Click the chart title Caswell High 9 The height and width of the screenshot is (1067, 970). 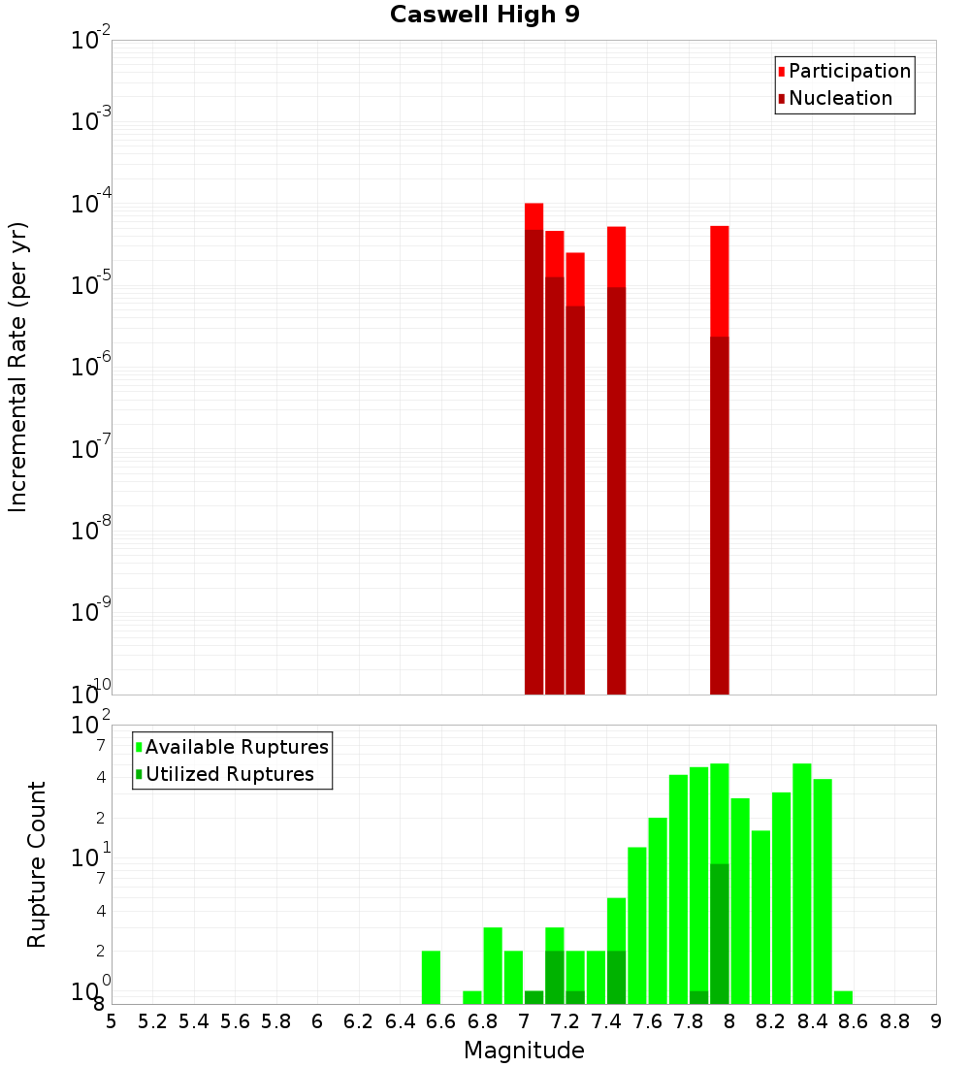[485, 16]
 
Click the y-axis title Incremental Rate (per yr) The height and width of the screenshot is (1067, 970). [18, 367]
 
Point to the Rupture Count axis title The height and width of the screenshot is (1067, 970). [37, 864]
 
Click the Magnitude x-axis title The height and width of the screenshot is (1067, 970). [524, 1051]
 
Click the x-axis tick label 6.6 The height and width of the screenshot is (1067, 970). [441, 1021]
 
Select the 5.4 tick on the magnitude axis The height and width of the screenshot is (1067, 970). [194, 1021]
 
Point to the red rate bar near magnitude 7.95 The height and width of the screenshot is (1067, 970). [720, 280]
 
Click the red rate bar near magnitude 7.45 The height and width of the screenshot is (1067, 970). [616, 256]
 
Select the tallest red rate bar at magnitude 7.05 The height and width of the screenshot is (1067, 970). [533, 215]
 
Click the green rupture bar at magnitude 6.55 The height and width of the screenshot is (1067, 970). [431, 977]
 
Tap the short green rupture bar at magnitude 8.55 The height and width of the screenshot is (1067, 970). [843, 997]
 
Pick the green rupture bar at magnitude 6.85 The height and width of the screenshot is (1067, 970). [493, 965]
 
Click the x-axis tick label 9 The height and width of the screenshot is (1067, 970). [936, 1021]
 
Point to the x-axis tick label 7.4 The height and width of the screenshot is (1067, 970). [606, 1021]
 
